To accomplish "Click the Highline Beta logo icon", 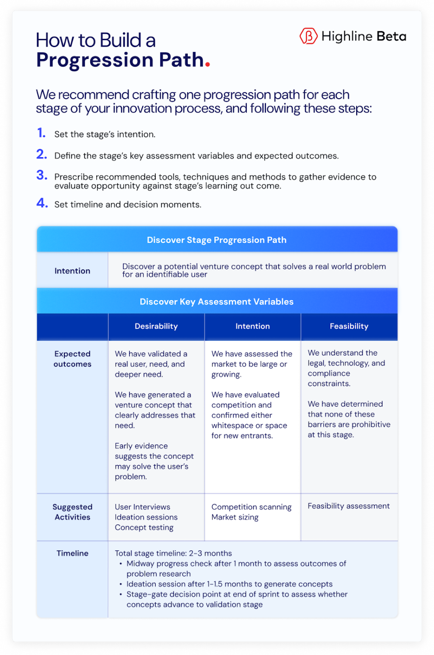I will coord(308,36).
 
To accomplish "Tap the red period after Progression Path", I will coord(207,64).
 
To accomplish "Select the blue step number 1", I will coord(41,133).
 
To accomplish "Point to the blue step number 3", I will coord(42,176).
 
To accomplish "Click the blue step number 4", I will coord(42,203).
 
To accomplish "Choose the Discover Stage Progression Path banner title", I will coord(217,240).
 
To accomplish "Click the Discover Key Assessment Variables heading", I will coord(217,302).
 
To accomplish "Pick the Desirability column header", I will coord(156,326).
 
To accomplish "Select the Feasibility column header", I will coord(349,326).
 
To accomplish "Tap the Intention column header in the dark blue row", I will coord(252,326).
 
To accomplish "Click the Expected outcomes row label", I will coord(73,359).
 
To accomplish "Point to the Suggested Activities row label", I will coord(73,512).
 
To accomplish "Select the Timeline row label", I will coord(73,553).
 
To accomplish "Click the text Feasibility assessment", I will coord(348,506).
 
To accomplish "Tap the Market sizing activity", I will coord(235,517).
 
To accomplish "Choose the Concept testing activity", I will coord(144,527).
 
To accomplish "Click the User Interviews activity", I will coord(143,507).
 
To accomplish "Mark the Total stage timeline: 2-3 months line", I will coord(173,553).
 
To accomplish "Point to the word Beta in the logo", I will coord(391,36).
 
